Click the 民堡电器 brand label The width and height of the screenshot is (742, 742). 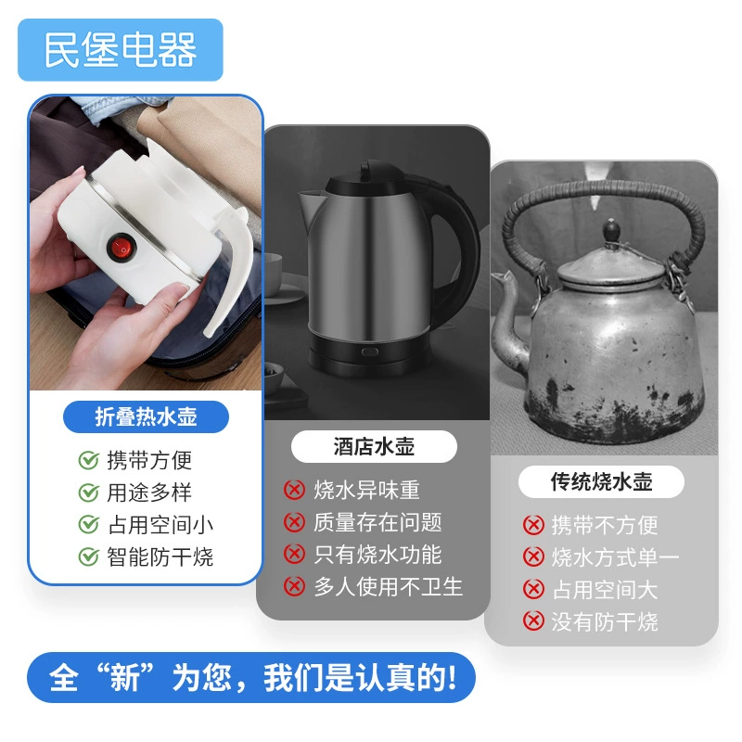click(x=121, y=50)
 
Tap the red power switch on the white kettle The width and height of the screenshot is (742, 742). click(x=122, y=248)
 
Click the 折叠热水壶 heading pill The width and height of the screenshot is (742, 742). click(x=146, y=416)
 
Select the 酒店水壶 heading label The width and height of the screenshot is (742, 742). click(x=374, y=447)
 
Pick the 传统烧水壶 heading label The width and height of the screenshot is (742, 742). click(x=601, y=481)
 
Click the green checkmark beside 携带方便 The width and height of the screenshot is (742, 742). click(x=88, y=460)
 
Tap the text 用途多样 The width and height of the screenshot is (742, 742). click(x=149, y=493)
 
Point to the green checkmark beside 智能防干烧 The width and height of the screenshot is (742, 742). click(x=88, y=556)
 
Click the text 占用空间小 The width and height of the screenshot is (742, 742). click(x=160, y=525)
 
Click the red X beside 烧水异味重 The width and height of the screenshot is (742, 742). click(x=294, y=490)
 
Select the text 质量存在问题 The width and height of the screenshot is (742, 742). click(x=377, y=522)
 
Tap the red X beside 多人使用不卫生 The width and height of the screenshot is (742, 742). click(x=294, y=586)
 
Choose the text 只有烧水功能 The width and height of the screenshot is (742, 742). click(x=377, y=555)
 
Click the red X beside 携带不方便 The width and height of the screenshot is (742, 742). click(x=533, y=525)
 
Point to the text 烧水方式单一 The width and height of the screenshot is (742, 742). click(x=616, y=557)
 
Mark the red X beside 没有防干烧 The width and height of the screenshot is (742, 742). click(x=533, y=621)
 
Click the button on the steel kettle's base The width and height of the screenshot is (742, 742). click(x=370, y=352)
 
